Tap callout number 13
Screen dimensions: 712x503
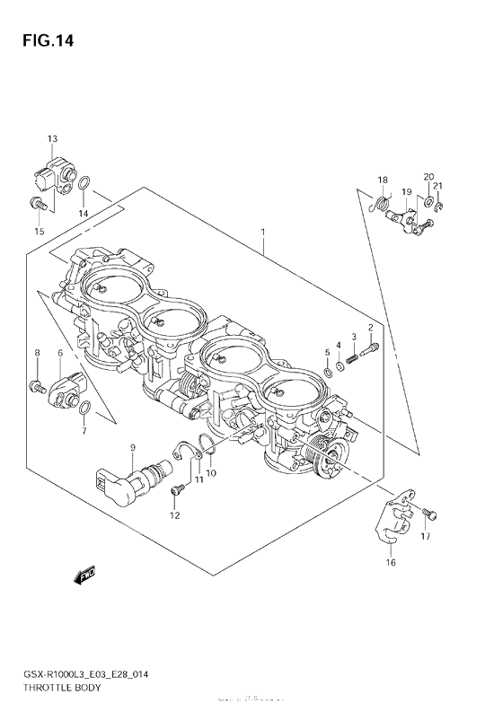[x=52, y=138]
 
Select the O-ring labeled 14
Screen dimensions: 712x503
[x=84, y=187]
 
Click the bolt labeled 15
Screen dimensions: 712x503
[x=37, y=203]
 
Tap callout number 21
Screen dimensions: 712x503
[x=439, y=187]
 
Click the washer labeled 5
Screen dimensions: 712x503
[x=328, y=367]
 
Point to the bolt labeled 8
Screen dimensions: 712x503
[x=37, y=386]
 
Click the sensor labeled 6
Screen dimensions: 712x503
[x=66, y=389]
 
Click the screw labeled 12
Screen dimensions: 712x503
[x=179, y=489]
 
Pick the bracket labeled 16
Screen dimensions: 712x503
[x=386, y=523]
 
